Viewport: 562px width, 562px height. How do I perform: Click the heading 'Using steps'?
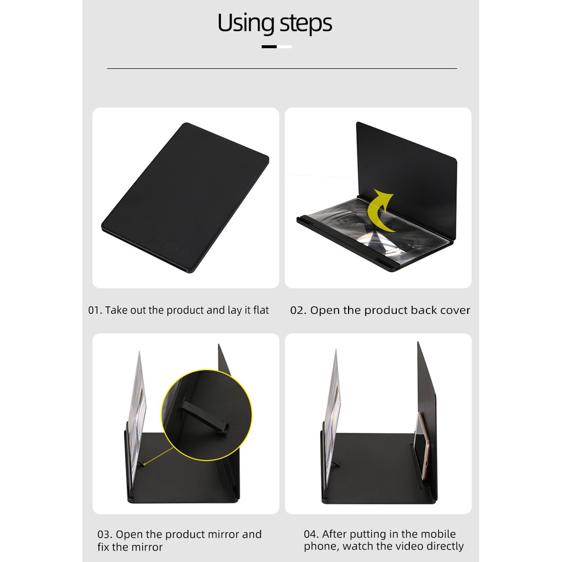click(x=274, y=23)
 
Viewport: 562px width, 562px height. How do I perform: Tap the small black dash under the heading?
click(x=269, y=47)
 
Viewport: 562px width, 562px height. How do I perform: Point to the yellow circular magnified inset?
click(x=206, y=415)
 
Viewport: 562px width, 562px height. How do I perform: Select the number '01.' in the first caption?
click(x=95, y=310)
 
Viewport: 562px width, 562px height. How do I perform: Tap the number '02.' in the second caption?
click(x=298, y=310)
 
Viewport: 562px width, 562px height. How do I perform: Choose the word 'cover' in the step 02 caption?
click(x=456, y=311)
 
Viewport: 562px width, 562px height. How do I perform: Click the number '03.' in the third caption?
click(x=105, y=535)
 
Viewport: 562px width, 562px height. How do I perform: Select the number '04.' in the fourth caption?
click(x=312, y=534)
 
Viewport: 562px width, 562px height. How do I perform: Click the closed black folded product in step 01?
click(x=185, y=198)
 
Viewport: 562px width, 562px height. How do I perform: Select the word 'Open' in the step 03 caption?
click(x=129, y=535)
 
